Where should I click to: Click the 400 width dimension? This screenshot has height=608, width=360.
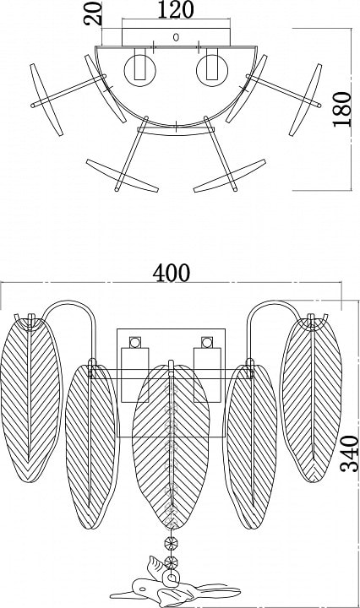(171, 273)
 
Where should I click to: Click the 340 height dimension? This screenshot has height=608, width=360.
(349, 453)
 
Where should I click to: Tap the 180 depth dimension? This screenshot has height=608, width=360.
(341, 109)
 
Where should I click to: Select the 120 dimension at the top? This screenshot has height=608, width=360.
(175, 9)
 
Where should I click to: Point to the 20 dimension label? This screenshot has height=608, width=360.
(93, 14)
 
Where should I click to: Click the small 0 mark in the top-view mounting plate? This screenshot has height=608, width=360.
(176, 38)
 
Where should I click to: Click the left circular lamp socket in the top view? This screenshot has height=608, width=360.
(139, 71)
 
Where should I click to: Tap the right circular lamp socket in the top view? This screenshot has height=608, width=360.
(212, 71)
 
